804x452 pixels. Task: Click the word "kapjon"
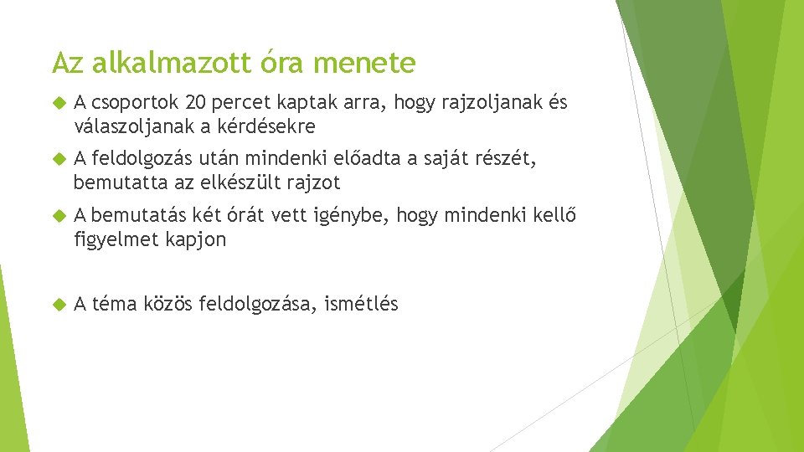198,239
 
